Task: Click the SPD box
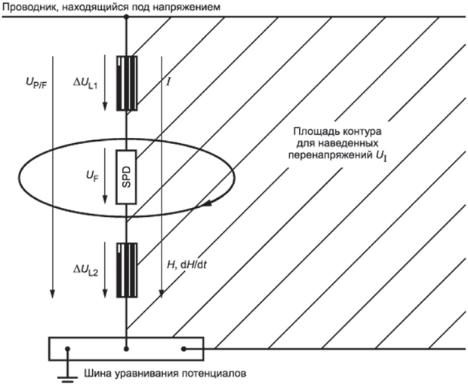click(127, 177)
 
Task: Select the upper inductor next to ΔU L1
click(127, 83)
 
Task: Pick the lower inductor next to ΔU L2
click(127, 270)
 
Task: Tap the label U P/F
click(36, 84)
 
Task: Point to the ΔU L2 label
click(86, 270)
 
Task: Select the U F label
click(93, 177)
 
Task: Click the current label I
click(168, 82)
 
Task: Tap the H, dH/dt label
click(186, 264)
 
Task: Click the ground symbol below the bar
click(67, 371)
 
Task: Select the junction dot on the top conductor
click(126, 17)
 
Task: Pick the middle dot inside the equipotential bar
click(127, 349)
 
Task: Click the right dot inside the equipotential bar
click(184, 349)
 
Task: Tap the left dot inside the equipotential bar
click(68, 349)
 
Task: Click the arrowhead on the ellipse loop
click(208, 203)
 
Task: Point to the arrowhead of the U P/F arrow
click(52, 294)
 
